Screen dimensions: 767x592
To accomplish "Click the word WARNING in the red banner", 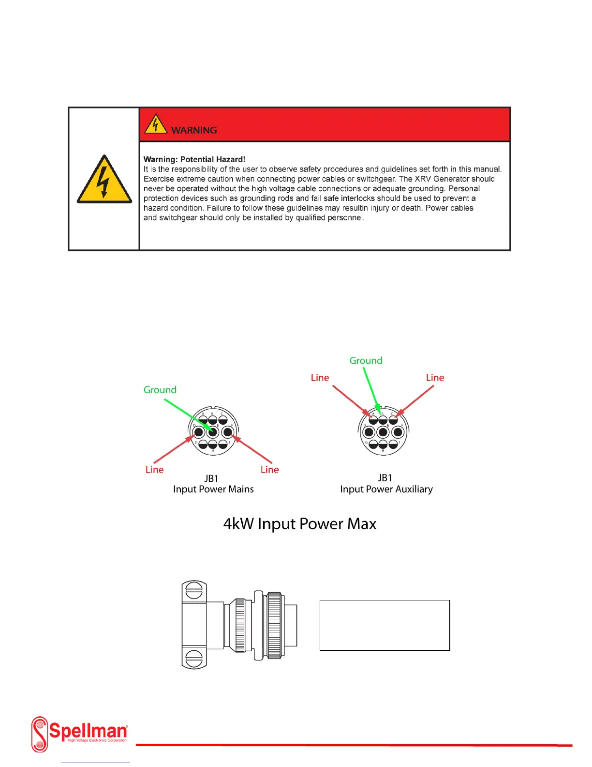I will point(194,130).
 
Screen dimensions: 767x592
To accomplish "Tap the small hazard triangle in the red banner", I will point(155,124).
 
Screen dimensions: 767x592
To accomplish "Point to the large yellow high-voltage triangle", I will point(104,181).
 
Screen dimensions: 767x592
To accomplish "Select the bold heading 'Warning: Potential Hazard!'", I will point(194,159).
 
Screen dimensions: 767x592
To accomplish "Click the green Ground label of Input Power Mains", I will point(160,390).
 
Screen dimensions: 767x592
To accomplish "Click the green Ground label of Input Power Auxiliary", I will point(366,361).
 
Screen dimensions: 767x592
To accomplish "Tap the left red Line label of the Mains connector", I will point(154,470).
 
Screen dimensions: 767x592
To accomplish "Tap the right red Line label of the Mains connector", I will point(269,470).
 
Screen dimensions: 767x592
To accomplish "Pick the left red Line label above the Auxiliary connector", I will point(320,378).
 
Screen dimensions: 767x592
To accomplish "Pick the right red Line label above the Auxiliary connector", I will point(435,378).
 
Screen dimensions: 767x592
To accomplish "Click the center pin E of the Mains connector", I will point(213,432).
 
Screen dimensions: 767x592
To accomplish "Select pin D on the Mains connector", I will point(199,432).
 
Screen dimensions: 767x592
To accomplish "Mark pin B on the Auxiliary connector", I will point(383,420).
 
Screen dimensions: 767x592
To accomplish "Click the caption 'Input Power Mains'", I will point(213,489).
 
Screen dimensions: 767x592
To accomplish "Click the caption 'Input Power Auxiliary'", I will point(386,489).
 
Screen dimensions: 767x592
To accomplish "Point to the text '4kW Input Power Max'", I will point(299,524).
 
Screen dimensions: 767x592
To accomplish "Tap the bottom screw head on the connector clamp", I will point(194,658).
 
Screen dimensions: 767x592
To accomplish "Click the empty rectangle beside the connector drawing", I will point(385,625).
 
